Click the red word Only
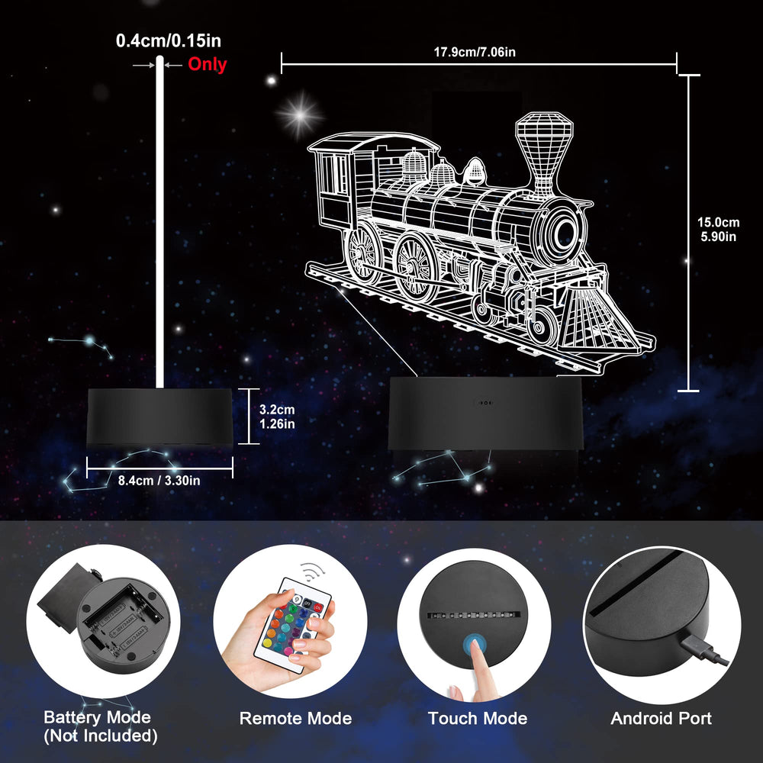click(208, 64)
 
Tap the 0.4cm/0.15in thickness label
click(169, 41)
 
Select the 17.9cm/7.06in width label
click(475, 52)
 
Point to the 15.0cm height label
click(718, 222)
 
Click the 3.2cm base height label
click(277, 410)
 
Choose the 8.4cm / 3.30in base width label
click(159, 481)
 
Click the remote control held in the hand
click(295, 625)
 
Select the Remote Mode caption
click(295, 718)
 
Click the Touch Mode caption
click(478, 718)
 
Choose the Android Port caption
click(661, 718)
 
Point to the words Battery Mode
click(98, 717)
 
